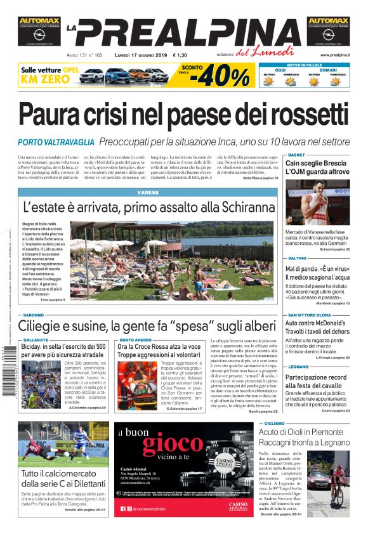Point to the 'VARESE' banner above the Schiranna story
pyautogui.click(x=147, y=192)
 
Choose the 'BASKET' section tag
pyautogui.click(x=296, y=155)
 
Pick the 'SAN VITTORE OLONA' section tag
pyautogui.click(x=310, y=315)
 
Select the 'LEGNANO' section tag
pyautogui.click(x=298, y=367)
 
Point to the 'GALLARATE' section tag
pyautogui.click(x=36, y=340)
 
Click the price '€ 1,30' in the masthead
pyautogui.click(x=190, y=55)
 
